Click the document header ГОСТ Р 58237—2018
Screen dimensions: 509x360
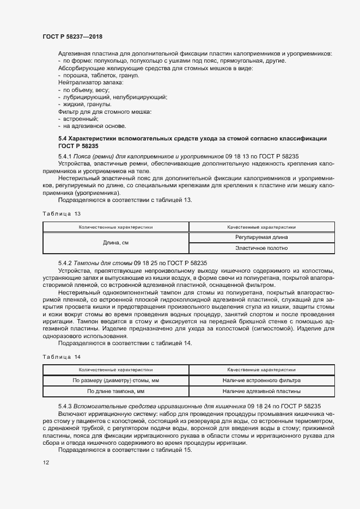tap(72, 36)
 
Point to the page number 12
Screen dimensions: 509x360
tap(46, 463)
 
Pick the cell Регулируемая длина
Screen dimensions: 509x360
tap(261, 237)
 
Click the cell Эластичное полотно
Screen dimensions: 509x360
tap(261, 248)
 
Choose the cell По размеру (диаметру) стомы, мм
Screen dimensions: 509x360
tap(116, 380)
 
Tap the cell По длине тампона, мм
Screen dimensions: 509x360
tap(116, 391)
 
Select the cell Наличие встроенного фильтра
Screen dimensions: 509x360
tap(261, 380)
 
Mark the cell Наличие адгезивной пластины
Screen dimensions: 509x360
tap(261, 391)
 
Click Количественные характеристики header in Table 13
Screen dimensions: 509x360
tap(116, 226)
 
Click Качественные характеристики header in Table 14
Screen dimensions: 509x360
tap(261, 369)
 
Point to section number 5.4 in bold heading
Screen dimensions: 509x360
tap(63, 139)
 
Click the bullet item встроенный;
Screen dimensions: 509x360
tap(81, 119)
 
